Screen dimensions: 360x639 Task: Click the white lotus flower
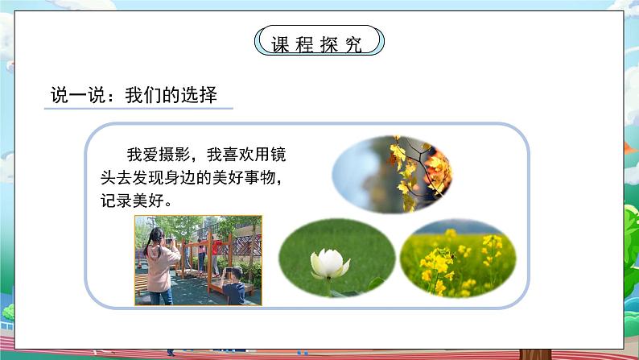(329, 263)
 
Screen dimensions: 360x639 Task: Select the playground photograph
(197, 259)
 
